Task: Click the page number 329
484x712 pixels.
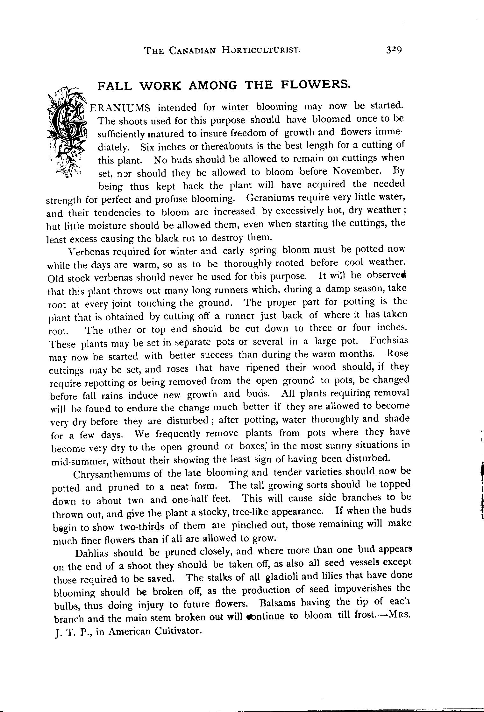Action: tap(394, 50)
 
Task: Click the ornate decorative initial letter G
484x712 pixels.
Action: tap(68, 129)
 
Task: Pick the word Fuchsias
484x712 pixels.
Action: tap(389, 340)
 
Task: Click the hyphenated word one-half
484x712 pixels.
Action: tap(190, 500)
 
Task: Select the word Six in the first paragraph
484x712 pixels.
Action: tap(148, 147)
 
